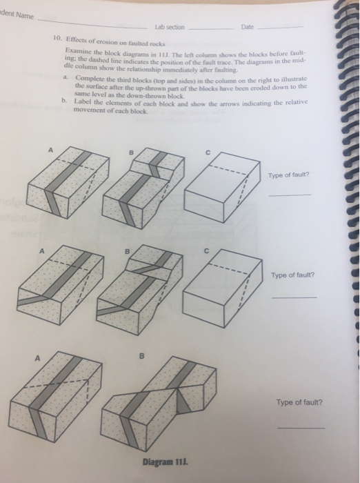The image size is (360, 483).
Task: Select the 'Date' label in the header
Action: coord(246,27)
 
